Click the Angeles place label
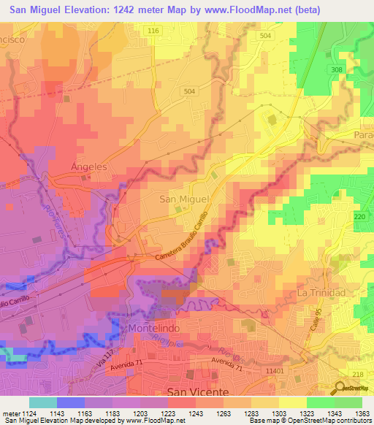pos(88,166)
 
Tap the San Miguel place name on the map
pos(185,198)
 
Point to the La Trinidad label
pos(321,292)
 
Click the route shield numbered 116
pos(153,31)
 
